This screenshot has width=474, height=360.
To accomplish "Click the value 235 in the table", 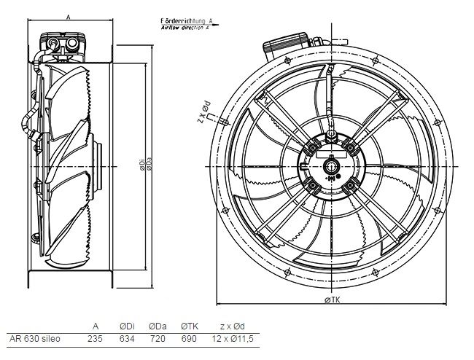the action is (x=95, y=339).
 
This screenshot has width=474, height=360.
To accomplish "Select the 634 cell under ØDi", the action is (x=127, y=339).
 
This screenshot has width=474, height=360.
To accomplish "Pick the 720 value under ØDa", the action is (x=158, y=339).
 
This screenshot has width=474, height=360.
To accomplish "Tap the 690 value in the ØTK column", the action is (x=189, y=339).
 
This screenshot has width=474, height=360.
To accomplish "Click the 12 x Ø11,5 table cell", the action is (x=233, y=339).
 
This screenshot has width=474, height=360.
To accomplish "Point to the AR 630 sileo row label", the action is (x=35, y=339).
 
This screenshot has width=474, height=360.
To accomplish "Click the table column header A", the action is (x=96, y=326).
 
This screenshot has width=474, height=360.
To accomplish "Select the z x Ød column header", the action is (x=233, y=326).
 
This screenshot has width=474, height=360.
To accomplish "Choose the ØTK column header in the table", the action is (x=190, y=326).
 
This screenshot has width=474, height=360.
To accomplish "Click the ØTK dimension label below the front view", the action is (x=333, y=300).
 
